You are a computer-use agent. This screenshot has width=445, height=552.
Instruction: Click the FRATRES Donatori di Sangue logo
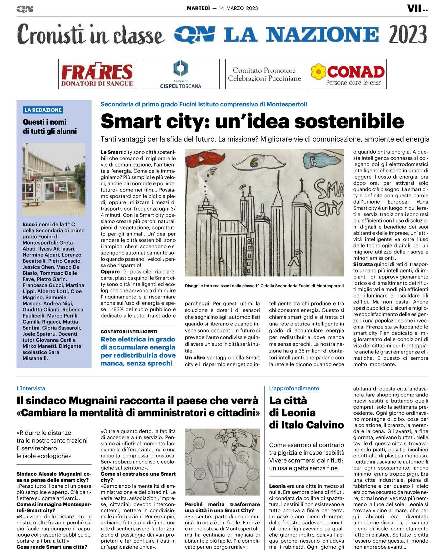(97, 74)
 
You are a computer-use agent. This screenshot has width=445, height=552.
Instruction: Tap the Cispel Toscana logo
(180, 74)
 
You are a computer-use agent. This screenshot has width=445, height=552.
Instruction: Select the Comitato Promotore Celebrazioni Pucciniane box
(264, 74)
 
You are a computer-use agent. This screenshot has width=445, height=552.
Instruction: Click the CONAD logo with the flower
(347, 74)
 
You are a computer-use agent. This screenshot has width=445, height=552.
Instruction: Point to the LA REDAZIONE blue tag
(43, 110)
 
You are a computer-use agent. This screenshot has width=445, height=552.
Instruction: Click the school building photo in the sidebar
(54, 179)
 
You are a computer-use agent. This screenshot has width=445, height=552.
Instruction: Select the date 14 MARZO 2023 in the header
(238, 8)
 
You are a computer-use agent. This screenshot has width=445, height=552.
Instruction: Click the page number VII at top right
(414, 9)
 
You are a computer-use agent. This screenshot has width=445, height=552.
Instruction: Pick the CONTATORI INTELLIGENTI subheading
(129, 331)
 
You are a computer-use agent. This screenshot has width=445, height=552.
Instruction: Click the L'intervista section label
(31, 388)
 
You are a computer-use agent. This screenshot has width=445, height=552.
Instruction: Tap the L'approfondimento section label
(294, 388)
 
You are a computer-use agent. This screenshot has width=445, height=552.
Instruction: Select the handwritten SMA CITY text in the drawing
(328, 198)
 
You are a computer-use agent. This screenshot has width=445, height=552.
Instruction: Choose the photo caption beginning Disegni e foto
(264, 286)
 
